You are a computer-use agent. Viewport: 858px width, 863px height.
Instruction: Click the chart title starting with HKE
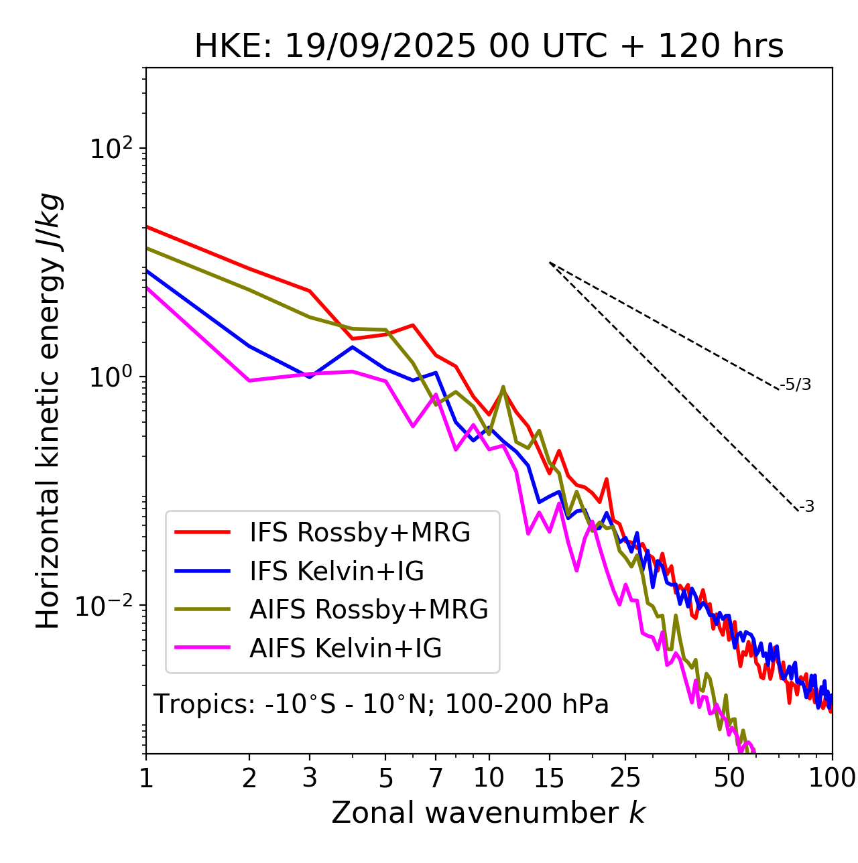point(489,47)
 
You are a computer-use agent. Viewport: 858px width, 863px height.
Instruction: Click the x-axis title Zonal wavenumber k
point(488,813)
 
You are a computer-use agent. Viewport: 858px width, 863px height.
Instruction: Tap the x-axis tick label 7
point(436,779)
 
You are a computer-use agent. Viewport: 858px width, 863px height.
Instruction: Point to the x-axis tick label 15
point(549,779)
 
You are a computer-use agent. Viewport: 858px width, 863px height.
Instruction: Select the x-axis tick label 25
point(625,779)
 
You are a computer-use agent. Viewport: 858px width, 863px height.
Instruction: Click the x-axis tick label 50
point(729,779)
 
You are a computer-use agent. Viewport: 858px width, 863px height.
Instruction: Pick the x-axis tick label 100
point(832,779)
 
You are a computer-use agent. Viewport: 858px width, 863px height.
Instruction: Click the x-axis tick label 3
point(310,779)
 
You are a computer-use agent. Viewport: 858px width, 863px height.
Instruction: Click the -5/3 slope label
point(796,385)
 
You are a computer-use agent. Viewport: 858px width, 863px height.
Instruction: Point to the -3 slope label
point(806,507)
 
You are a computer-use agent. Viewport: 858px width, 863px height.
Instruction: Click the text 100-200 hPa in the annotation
point(527,704)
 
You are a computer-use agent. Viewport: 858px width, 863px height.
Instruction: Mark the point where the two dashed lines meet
point(550,263)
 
